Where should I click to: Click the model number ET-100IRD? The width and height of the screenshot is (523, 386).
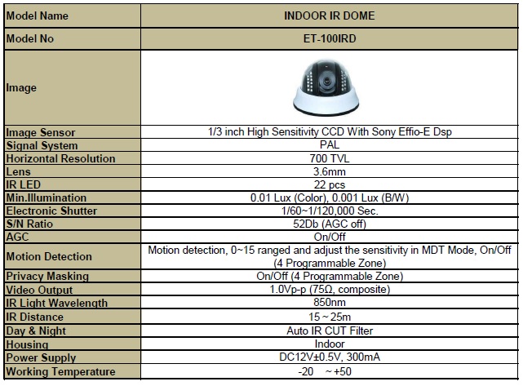(x=330, y=38)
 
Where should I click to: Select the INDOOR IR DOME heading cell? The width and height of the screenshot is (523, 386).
(x=329, y=16)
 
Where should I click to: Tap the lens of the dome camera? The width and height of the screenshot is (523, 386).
(x=326, y=82)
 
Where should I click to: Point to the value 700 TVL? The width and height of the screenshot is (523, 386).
(x=330, y=158)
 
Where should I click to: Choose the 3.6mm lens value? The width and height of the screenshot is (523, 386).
(x=330, y=171)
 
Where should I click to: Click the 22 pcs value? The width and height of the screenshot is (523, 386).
(x=330, y=184)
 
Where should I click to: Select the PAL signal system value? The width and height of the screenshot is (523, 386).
(x=330, y=144)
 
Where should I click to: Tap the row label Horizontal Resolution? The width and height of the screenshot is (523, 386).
(x=60, y=158)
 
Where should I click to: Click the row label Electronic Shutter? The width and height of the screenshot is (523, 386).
(x=51, y=211)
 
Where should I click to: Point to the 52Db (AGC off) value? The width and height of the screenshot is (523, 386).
(x=330, y=224)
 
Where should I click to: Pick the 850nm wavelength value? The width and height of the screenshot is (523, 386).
(x=330, y=302)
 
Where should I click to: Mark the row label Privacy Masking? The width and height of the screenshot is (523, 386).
(x=47, y=276)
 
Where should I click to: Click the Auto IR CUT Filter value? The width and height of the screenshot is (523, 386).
(x=330, y=331)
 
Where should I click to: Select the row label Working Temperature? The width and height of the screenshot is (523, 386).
(x=60, y=371)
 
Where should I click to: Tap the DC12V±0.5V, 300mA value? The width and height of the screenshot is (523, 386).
(x=330, y=357)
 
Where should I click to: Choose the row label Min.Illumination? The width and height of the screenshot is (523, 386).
(x=47, y=197)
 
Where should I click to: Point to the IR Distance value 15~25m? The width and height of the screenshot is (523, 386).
(x=330, y=317)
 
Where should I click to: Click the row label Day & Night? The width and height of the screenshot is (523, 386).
(x=36, y=331)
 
